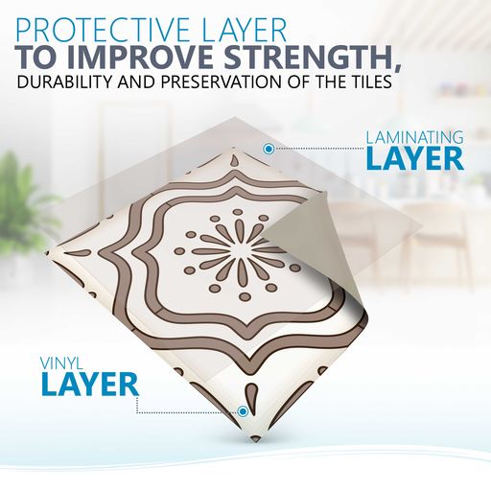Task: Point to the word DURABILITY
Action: point(65,82)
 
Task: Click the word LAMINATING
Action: point(415,138)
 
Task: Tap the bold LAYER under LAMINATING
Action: point(415,159)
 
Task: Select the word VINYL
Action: point(62,364)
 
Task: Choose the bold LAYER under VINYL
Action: point(90,385)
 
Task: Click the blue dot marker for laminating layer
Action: point(269,149)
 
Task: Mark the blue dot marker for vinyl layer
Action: point(244,411)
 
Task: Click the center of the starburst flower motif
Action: point(238,251)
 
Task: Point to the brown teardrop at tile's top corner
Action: point(234,158)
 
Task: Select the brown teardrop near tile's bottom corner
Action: point(252,395)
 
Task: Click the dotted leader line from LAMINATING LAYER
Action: point(319,149)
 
